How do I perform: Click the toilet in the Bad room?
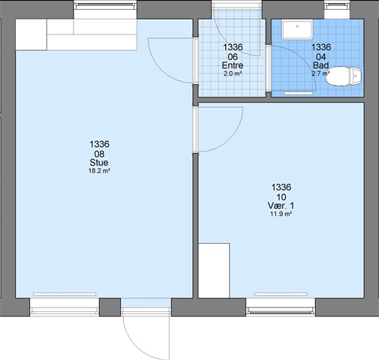(x=344, y=76)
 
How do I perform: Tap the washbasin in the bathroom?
(x=297, y=30)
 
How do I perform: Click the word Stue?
(x=99, y=163)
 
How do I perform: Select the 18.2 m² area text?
(x=99, y=171)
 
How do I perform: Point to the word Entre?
(x=233, y=65)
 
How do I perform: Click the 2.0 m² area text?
(x=233, y=73)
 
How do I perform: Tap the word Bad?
(x=321, y=65)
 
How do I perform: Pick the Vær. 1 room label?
(x=281, y=205)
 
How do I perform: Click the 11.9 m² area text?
(x=281, y=214)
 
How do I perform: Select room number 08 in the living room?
(x=99, y=154)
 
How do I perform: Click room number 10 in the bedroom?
(x=281, y=197)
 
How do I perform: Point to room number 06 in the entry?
(x=233, y=57)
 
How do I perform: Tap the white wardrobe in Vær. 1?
(x=214, y=270)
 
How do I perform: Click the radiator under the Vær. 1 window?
(x=281, y=294)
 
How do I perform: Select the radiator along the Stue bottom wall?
(x=65, y=294)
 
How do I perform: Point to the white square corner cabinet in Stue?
(x=32, y=34)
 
